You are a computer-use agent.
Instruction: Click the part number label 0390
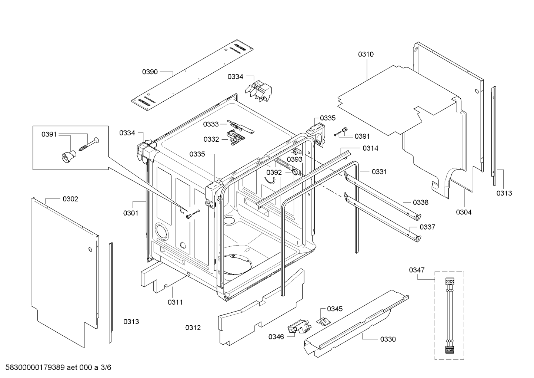(x=150, y=72)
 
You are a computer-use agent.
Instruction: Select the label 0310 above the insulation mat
(x=366, y=54)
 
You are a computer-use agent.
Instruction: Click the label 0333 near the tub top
(x=211, y=124)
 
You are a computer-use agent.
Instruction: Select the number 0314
(x=370, y=148)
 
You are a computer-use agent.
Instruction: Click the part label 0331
(x=379, y=172)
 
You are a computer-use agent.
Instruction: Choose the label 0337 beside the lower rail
(x=427, y=227)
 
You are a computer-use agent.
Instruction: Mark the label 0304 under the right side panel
(x=464, y=212)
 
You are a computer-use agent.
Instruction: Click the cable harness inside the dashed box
(x=449, y=315)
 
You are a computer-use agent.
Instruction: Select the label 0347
(x=417, y=270)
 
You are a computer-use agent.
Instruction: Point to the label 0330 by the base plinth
(x=388, y=339)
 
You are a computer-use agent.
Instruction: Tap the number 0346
(x=276, y=336)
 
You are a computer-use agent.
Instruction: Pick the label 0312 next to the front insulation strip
(x=193, y=328)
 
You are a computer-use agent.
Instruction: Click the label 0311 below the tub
(x=175, y=302)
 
